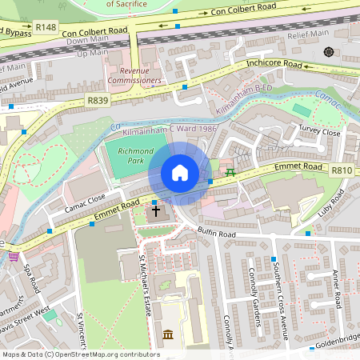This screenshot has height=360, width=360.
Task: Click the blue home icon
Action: (x=180, y=173)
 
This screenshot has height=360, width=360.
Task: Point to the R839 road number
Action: (x=98, y=101)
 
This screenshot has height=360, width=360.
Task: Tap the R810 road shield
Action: (x=342, y=170)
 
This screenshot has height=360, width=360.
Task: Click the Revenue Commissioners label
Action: (x=135, y=75)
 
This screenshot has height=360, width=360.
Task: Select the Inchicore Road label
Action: (x=274, y=63)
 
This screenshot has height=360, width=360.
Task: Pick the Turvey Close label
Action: (x=319, y=132)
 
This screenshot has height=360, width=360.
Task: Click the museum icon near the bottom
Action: (x=168, y=334)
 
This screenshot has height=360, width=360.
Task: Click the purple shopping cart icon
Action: (x=14, y=257)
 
